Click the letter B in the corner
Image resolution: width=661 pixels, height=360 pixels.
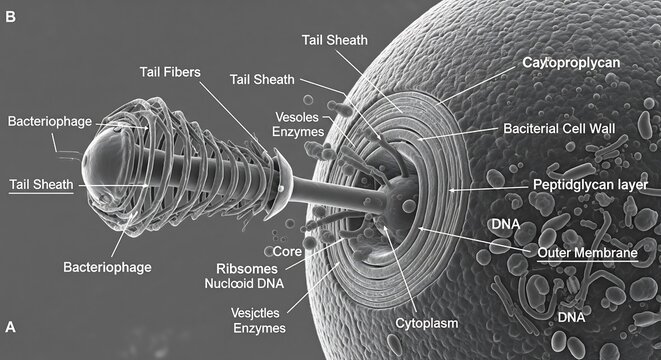11,17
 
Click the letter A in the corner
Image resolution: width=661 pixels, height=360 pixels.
11,326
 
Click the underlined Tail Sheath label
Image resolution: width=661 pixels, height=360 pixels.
39,184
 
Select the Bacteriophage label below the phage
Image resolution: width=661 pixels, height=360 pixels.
107,267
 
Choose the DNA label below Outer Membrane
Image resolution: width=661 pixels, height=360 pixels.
571,317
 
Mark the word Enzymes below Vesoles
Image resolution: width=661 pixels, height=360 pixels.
267,130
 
